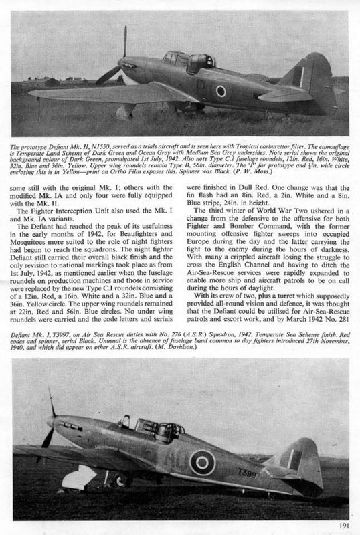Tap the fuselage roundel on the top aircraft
coord(220,91)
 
